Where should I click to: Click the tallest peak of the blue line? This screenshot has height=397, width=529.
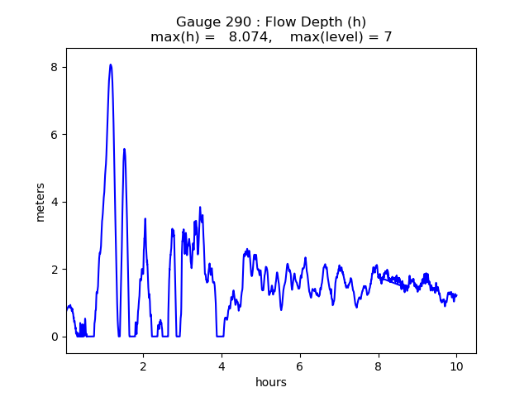tap(111, 65)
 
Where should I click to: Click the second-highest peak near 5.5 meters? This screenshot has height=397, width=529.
tap(124, 149)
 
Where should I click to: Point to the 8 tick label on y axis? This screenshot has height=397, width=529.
tap(55, 67)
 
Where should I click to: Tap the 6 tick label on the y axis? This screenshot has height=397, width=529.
tap(55, 135)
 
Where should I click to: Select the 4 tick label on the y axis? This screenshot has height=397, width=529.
tap(55, 202)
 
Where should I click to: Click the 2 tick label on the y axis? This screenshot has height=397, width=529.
tap(55, 270)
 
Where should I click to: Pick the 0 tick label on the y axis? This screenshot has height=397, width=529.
tap(55, 337)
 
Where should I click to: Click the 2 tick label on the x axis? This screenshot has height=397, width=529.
tap(143, 366)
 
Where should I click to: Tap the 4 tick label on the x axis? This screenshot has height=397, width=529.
tap(222, 366)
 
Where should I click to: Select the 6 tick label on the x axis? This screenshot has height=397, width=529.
tap(300, 366)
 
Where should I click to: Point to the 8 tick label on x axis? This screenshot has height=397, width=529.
tap(378, 366)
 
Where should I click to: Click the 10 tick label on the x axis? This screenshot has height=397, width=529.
tap(456, 366)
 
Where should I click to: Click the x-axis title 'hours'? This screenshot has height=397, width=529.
tap(271, 382)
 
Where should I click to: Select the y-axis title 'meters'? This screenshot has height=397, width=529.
tap(40, 201)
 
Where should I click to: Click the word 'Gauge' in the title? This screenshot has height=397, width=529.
tap(196, 22)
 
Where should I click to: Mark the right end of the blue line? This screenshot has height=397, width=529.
tap(456, 295)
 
